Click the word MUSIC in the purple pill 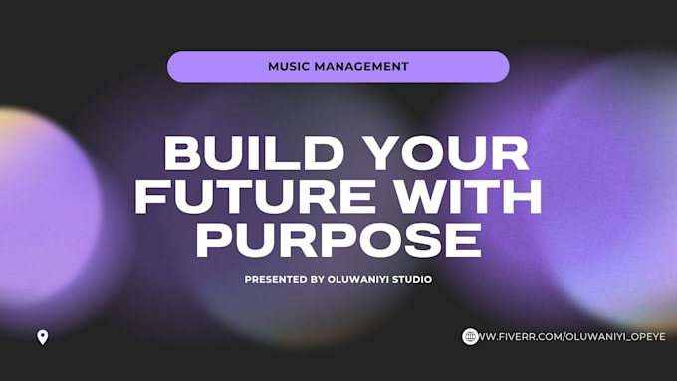289,67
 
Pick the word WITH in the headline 471,198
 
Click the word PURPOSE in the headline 338,241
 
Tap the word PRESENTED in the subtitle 276,280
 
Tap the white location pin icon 42,337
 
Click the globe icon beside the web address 470,337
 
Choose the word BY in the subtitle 317,280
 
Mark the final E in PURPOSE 463,241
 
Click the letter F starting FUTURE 152,198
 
